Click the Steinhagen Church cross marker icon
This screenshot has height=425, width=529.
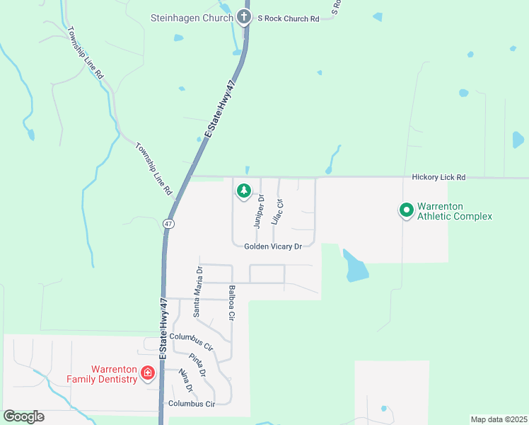(245, 18)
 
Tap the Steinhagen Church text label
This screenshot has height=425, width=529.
(192, 18)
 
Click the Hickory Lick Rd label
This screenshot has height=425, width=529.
(439, 176)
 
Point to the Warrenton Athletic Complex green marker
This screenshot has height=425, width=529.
(407, 210)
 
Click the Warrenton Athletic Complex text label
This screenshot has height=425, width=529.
(454, 211)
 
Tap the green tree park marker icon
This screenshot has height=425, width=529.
(243, 191)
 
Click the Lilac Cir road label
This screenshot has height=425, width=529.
(278, 212)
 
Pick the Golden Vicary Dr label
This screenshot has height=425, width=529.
(273, 246)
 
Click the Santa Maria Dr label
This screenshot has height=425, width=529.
(199, 291)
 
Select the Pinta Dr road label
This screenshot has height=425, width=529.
(197, 364)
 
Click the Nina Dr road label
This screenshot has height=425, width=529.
(186, 381)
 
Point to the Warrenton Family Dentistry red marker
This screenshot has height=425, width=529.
(148, 373)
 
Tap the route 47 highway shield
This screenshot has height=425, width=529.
(168, 223)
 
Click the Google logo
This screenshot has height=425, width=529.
(23, 416)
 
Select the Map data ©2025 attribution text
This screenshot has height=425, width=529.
(499, 419)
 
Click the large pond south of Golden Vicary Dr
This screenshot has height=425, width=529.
(356, 267)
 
